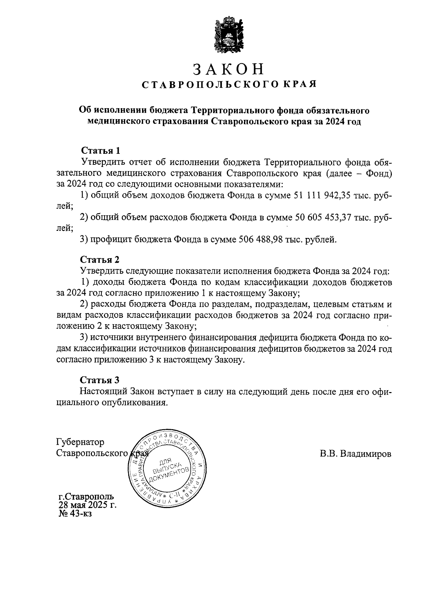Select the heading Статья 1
(101, 151)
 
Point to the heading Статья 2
(100, 260)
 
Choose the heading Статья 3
(100, 380)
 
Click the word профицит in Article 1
(111, 240)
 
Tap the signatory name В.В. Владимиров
(355, 454)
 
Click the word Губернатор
(80, 442)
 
